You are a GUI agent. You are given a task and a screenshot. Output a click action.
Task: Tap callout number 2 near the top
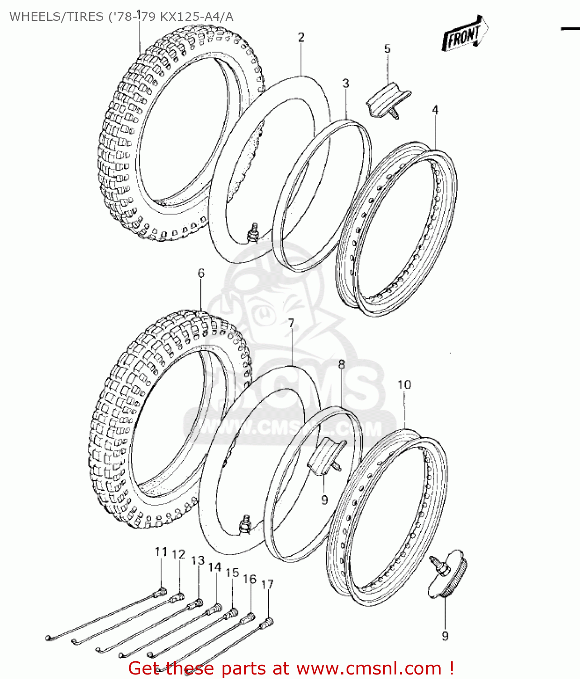pyautogui.click(x=301, y=37)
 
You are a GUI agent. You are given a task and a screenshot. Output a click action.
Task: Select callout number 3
pyautogui.click(x=346, y=83)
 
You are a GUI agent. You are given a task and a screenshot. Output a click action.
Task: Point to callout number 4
pyautogui.click(x=435, y=110)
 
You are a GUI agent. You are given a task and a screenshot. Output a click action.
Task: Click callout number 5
pyautogui.click(x=387, y=49)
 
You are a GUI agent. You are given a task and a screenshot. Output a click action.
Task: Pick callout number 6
pyautogui.click(x=201, y=273)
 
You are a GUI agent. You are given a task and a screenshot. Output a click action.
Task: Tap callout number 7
pyautogui.click(x=291, y=323)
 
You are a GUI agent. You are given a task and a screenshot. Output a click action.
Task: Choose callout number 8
pyautogui.click(x=342, y=364)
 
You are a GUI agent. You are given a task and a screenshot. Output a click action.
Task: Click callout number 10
pyautogui.click(x=404, y=385)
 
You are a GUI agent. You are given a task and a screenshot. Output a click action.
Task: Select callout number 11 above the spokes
pyautogui.click(x=161, y=551)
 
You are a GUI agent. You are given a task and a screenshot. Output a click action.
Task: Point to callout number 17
pyautogui.click(x=267, y=584)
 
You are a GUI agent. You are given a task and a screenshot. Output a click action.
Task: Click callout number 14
pyautogui.click(x=214, y=567)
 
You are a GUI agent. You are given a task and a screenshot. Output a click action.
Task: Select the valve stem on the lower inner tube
pyautogui.click(x=247, y=523)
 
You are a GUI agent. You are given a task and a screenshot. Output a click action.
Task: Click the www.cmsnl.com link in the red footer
pyautogui.click(x=369, y=668)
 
